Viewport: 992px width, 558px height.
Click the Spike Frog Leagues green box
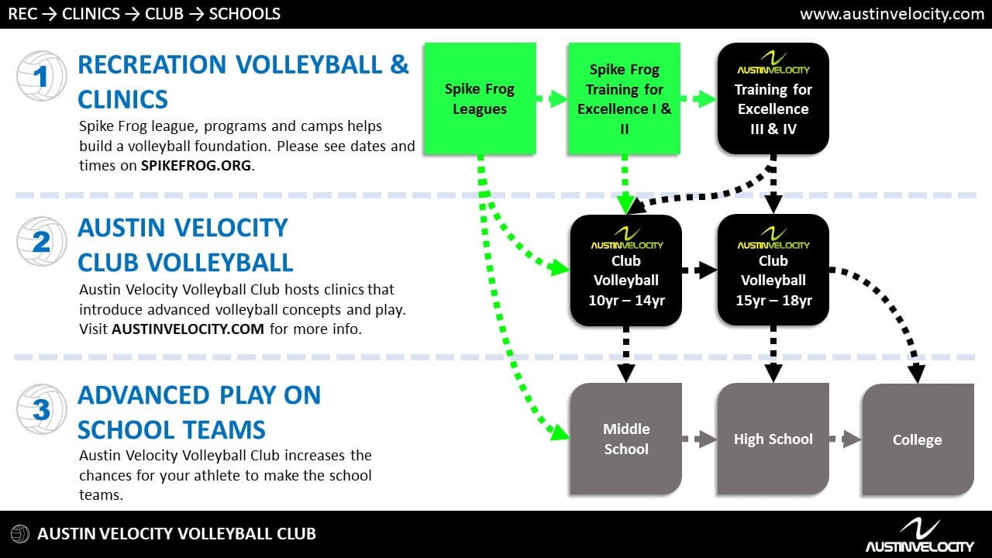pyautogui.click(x=480, y=98)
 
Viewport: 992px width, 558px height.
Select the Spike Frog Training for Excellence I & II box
pyautogui.click(x=624, y=98)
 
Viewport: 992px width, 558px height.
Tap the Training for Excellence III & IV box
pyautogui.click(x=773, y=98)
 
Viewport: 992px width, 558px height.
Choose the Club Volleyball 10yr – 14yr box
pyautogui.click(x=625, y=270)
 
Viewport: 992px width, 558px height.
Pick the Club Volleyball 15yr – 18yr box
pyautogui.click(x=773, y=270)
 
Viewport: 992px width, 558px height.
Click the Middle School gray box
pyautogui.click(x=625, y=439)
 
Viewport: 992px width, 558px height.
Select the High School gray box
pyautogui.click(x=773, y=439)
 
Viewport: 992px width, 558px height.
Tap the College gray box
pyautogui.click(x=918, y=439)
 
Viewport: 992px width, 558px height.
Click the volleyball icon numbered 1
pyautogui.click(x=42, y=76)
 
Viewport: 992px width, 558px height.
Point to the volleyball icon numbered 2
pyautogui.click(x=42, y=241)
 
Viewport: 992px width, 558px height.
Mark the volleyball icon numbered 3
pyautogui.click(x=42, y=408)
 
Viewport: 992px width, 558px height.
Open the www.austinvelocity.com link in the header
pyautogui.click(x=892, y=14)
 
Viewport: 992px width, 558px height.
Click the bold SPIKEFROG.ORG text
pyautogui.click(x=196, y=166)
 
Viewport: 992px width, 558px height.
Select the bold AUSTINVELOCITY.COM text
pyautogui.click(x=188, y=329)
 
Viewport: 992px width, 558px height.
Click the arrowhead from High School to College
pyautogui.click(x=851, y=439)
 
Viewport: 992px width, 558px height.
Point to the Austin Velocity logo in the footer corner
pyautogui.click(x=920, y=535)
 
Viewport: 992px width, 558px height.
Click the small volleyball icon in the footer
pyautogui.click(x=20, y=534)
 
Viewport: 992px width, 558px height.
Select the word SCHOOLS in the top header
pyautogui.click(x=244, y=14)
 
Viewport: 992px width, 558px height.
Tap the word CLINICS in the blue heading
pyautogui.click(x=122, y=99)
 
